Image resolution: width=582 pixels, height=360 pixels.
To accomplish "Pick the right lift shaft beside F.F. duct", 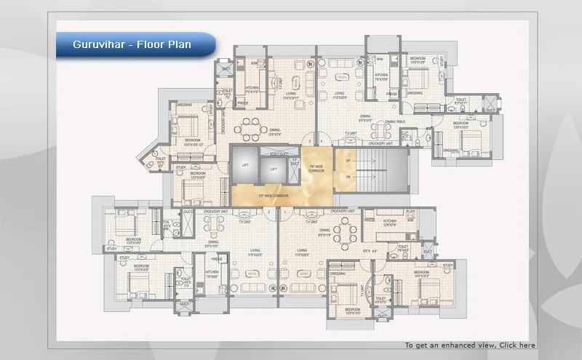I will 274,169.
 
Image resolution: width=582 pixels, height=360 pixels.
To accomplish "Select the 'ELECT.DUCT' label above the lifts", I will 276,154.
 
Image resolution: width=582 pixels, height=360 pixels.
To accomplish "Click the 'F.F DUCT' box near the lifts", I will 294,163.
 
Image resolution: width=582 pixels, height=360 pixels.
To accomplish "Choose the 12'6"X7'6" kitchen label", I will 390,223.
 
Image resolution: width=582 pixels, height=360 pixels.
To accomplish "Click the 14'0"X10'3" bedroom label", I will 426,276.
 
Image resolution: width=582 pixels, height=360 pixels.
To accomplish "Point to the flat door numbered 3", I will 309,140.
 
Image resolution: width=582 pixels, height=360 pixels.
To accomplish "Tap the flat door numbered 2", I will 268,212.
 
